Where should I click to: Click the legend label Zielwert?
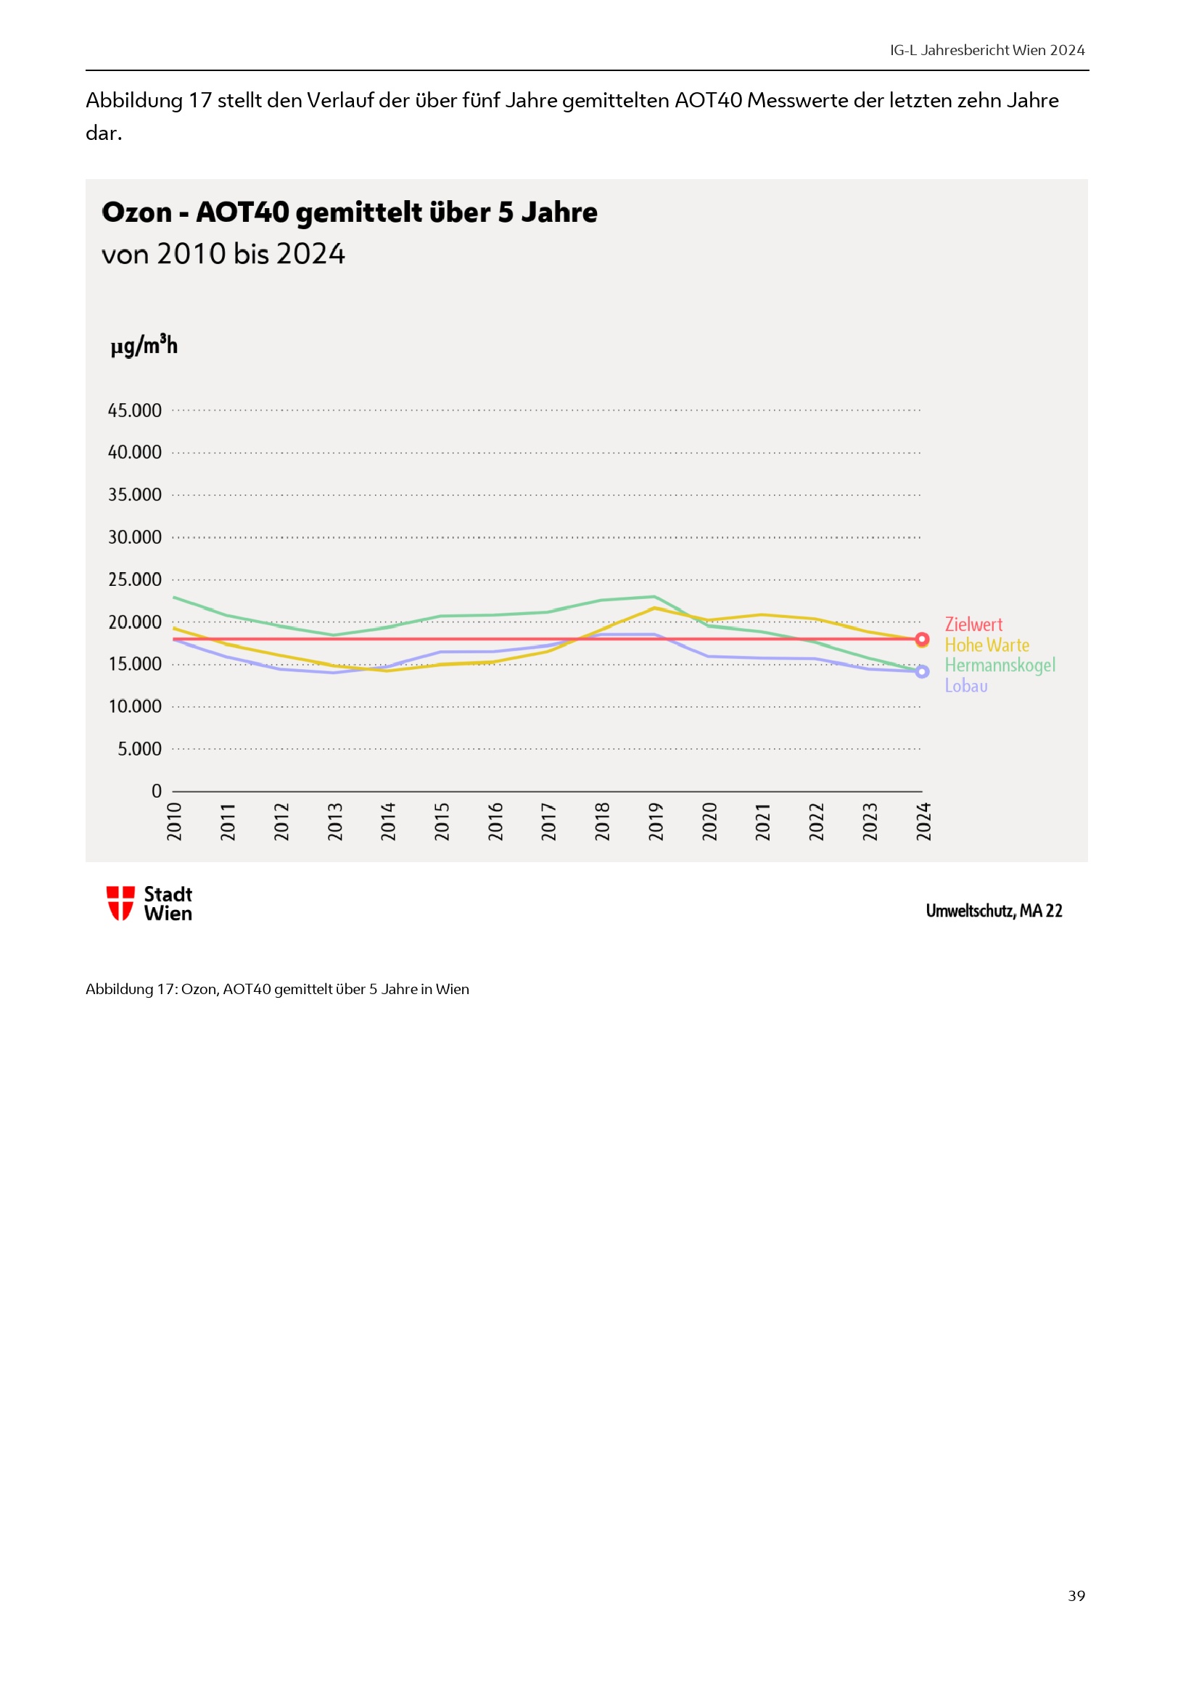[973, 624]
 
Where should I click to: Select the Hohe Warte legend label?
[986, 645]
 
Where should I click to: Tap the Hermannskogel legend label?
[1000, 666]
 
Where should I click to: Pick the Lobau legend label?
[965, 686]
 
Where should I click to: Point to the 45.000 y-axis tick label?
[134, 410]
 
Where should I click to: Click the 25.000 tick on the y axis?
[134, 580]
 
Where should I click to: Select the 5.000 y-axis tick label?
[139, 749]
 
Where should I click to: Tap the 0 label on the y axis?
[156, 791]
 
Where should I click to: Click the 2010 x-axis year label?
[174, 822]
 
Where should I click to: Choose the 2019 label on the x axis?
[656, 822]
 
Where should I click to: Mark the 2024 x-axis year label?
[923, 822]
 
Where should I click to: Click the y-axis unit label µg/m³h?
[144, 346]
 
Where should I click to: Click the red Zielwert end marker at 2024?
[922, 639]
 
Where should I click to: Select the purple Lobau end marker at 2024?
[922, 671]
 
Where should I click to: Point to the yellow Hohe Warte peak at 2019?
[654, 608]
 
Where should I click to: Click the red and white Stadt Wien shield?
[120, 903]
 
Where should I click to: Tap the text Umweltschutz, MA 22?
[994, 911]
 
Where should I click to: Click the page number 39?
[1076, 1595]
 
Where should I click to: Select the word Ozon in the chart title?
[136, 212]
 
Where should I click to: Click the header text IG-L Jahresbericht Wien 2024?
[987, 50]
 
